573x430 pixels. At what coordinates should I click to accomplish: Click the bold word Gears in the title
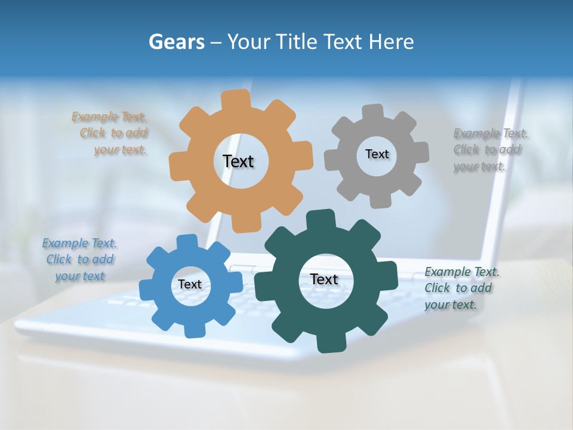[176, 42]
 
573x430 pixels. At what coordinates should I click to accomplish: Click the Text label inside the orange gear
[238, 161]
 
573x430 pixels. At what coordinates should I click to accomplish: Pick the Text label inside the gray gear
[377, 154]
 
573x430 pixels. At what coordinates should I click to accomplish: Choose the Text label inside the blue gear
[190, 284]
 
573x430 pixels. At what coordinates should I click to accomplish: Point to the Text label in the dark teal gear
[324, 279]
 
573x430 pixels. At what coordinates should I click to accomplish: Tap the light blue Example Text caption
[79, 260]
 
